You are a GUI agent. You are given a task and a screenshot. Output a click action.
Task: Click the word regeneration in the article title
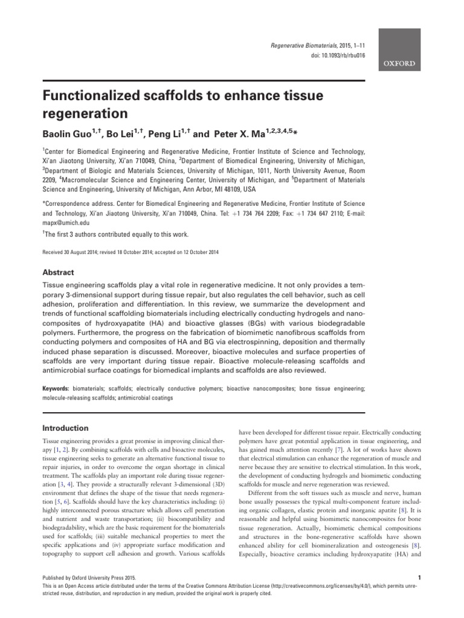pyautogui.click(x=85, y=112)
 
